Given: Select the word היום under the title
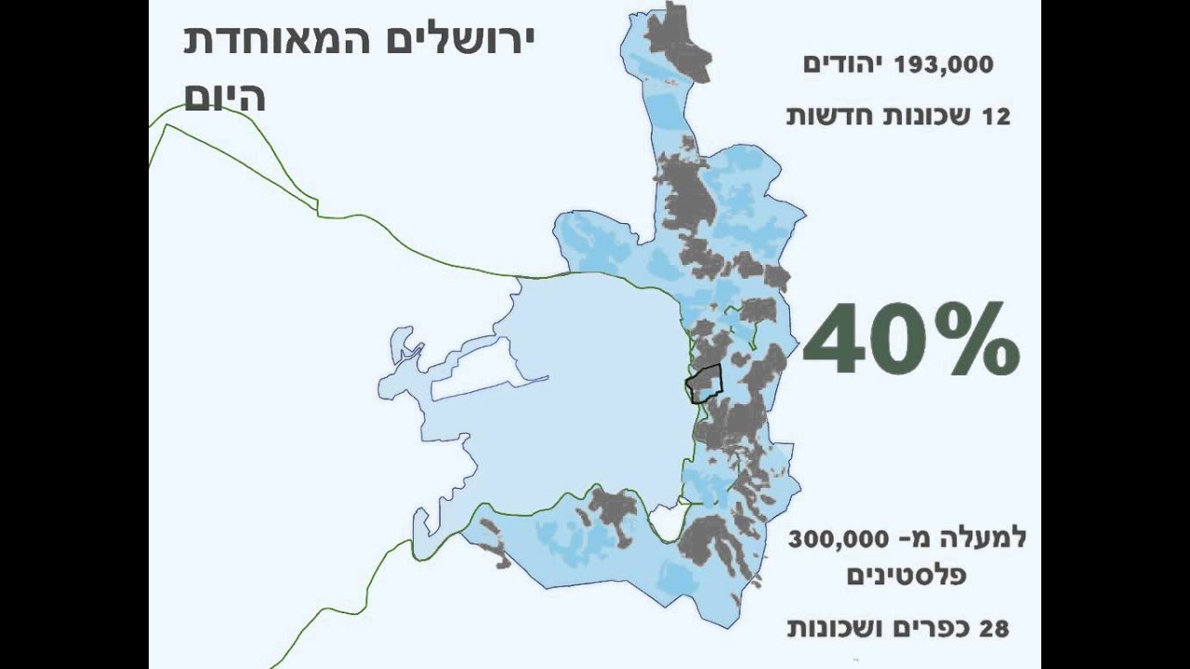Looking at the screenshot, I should point(225,98).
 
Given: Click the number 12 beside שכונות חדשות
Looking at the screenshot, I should point(996,117).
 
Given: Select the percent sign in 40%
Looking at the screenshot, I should point(976,339).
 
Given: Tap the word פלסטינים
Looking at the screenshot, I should point(906,576).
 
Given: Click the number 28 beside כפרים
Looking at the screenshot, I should point(993,628).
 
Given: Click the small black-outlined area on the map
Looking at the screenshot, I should point(705,383).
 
